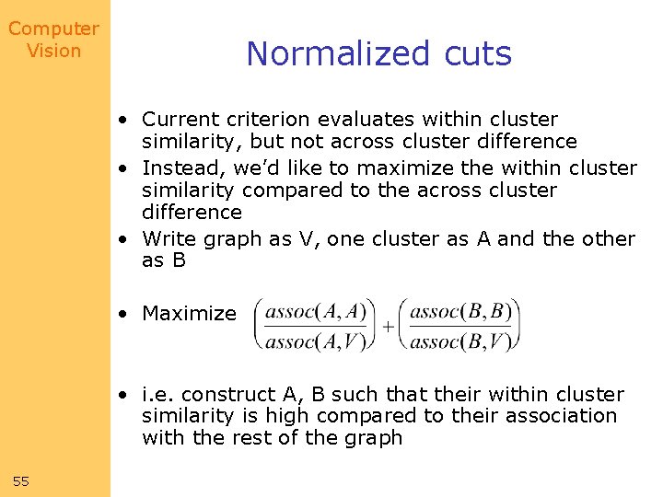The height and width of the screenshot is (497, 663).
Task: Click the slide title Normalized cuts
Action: (x=378, y=54)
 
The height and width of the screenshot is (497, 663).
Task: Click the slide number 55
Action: (x=22, y=481)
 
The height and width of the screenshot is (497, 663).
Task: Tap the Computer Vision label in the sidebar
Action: (x=53, y=40)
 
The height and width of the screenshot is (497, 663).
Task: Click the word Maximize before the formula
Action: (x=189, y=314)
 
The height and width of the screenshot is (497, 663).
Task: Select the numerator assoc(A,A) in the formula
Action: (x=315, y=311)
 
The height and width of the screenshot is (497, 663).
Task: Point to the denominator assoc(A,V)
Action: (x=315, y=341)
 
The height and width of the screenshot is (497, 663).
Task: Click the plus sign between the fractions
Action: (x=388, y=327)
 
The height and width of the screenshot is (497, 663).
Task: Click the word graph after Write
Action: (x=231, y=239)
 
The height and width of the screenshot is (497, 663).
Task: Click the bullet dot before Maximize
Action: (x=122, y=314)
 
